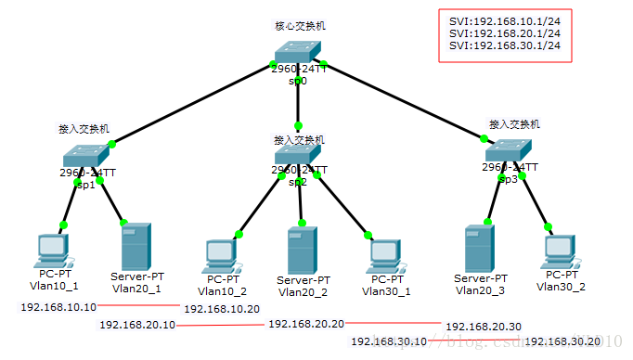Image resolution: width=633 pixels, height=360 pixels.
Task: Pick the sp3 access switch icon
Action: pos(510,151)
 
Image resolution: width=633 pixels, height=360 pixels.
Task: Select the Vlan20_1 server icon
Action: pos(136,247)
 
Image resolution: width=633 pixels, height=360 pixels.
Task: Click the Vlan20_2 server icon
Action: pos(303,250)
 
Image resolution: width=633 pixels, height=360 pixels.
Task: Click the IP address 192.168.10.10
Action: pos(58,306)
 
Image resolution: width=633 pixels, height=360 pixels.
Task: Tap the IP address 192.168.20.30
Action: pos(484,327)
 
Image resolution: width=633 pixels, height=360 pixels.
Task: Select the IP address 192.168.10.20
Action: pos(221,308)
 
